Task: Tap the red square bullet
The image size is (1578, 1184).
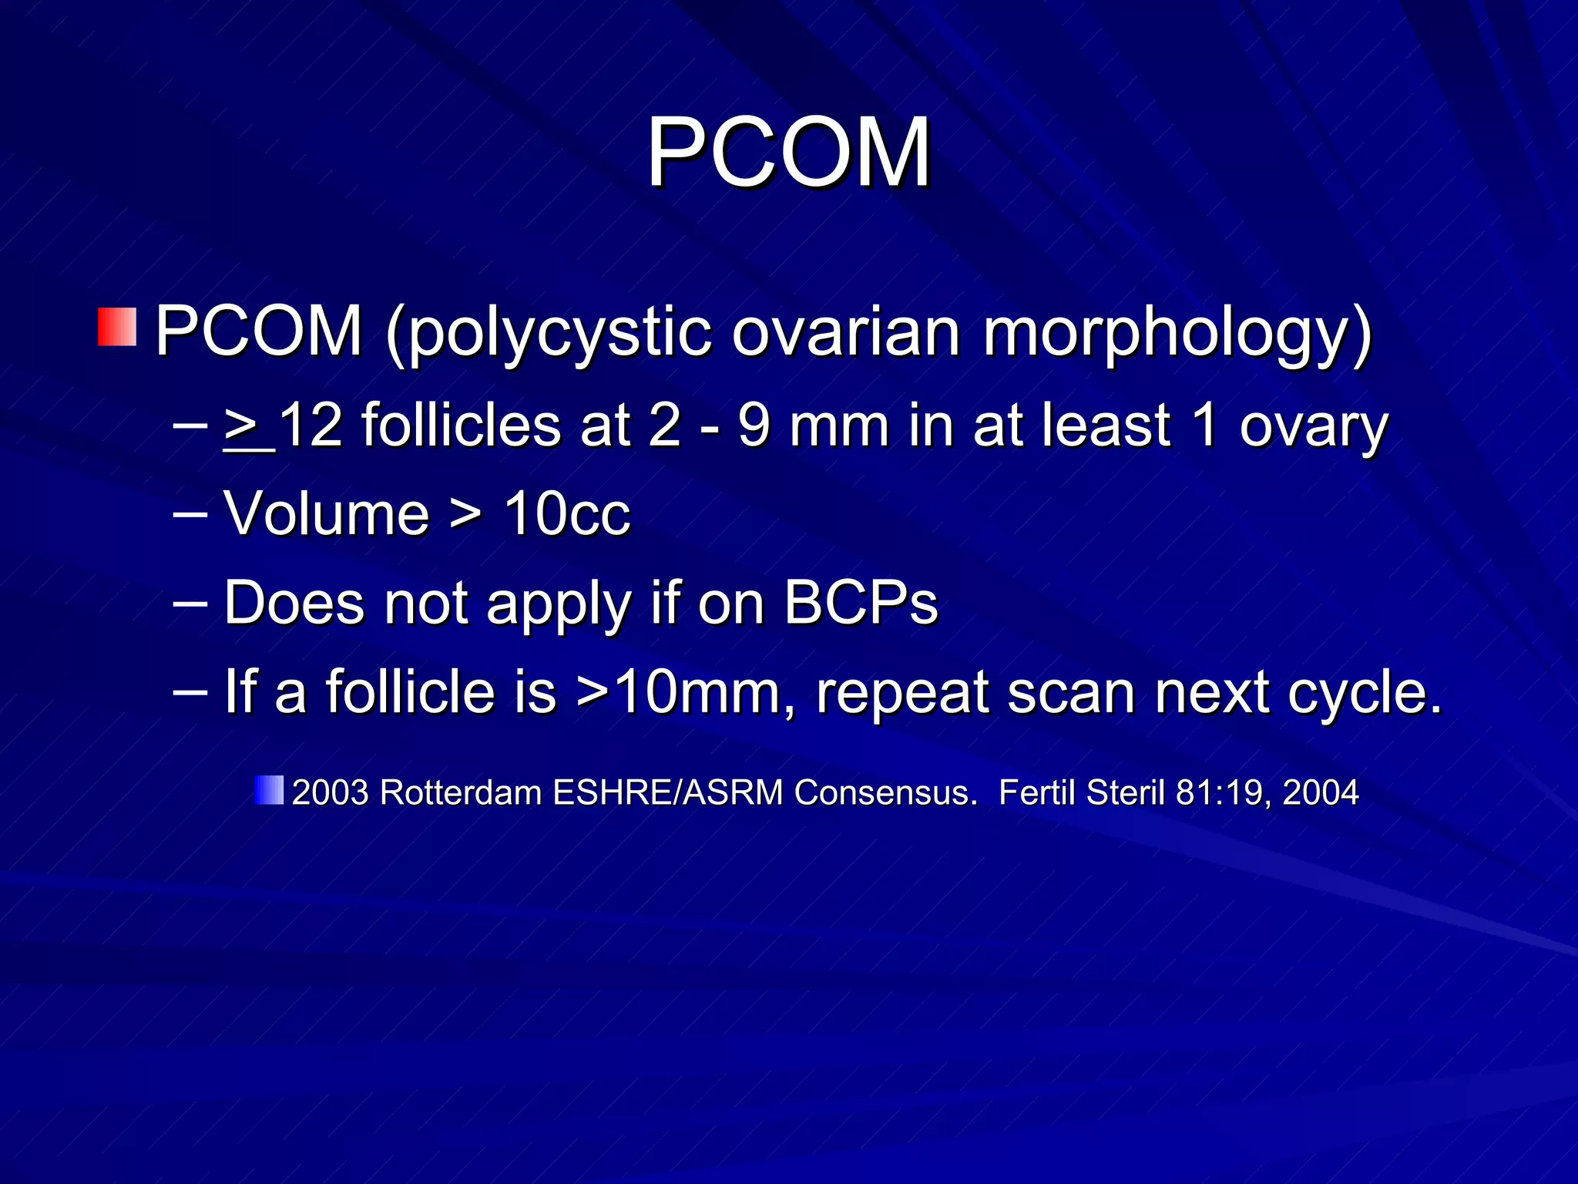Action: (x=117, y=327)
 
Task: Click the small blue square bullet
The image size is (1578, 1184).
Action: (x=269, y=790)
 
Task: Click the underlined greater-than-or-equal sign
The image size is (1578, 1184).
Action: (x=245, y=425)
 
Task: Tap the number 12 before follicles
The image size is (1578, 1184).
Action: (x=310, y=425)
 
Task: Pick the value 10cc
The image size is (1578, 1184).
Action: (x=567, y=514)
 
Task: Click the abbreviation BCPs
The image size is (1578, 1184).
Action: (x=861, y=602)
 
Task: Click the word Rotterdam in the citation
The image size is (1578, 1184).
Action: (x=461, y=792)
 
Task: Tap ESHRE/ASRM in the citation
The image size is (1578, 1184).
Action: (x=667, y=792)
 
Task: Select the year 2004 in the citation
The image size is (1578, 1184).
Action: (x=1320, y=792)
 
